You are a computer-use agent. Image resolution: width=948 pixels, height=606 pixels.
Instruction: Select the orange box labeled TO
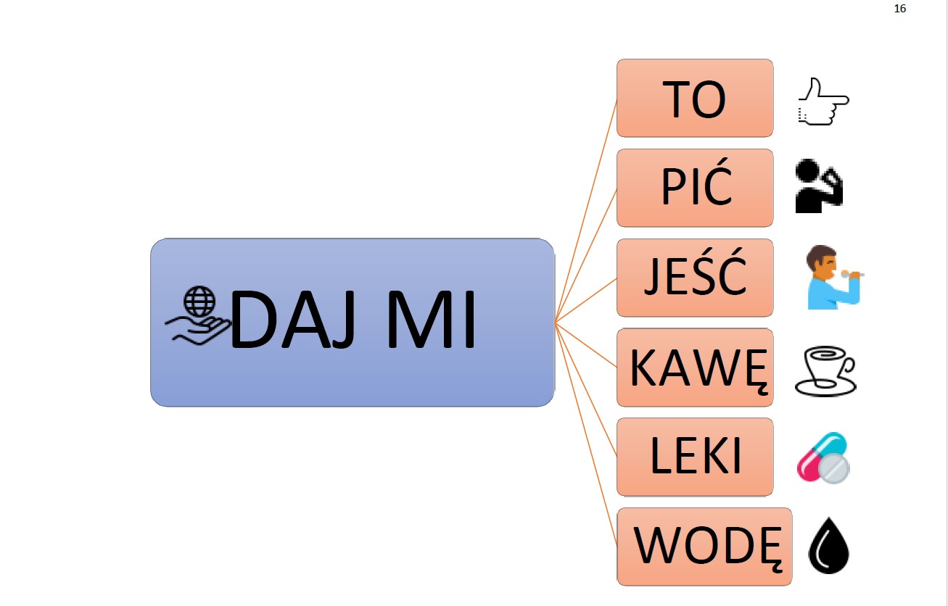pyautogui.click(x=694, y=98)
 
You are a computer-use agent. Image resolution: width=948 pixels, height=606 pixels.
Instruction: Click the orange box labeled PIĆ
pyautogui.click(x=694, y=188)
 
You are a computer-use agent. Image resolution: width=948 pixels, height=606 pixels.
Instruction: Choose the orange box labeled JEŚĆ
pyautogui.click(x=694, y=278)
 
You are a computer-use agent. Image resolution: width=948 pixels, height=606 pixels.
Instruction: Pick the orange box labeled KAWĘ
pyautogui.click(x=694, y=368)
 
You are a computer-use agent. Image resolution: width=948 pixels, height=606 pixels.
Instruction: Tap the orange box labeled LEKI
pyautogui.click(x=694, y=457)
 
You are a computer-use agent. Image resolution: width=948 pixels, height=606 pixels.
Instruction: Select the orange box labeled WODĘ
pyautogui.click(x=704, y=547)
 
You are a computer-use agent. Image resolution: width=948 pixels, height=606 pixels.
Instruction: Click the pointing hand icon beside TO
pyautogui.click(x=823, y=102)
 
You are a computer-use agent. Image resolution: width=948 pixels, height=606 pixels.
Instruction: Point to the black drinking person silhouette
pyautogui.click(x=818, y=187)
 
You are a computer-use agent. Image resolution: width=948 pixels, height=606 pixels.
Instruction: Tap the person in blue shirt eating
pyautogui.click(x=832, y=278)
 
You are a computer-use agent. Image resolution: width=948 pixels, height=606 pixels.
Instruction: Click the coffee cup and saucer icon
pyautogui.click(x=825, y=371)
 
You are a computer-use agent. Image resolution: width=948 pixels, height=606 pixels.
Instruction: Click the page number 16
pyautogui.click(x=901, y=9)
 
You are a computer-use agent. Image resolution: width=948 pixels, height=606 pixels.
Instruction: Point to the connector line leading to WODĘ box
pyautogui.click(x=586, y=435)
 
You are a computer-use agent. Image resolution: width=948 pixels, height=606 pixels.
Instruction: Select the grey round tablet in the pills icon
pyautogui.click(x=834, y=470)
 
